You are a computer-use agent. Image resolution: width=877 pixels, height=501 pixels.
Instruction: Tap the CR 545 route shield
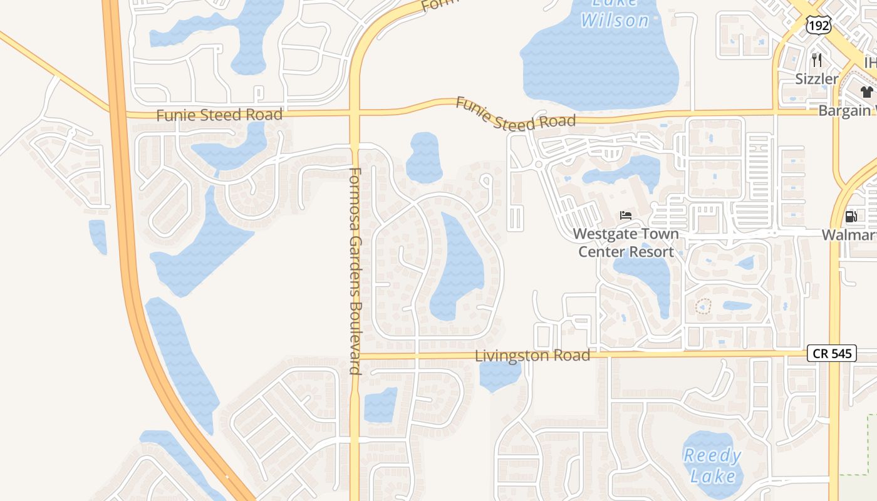[831, 353]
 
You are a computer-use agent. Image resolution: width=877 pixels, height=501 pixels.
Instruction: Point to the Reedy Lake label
[712, 465]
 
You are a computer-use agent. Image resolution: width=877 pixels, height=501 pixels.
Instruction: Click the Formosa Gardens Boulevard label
[355, 271]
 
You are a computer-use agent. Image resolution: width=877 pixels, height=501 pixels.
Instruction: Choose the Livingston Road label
[532, 355]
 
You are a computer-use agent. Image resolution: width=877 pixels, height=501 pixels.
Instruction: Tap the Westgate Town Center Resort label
[626, 243]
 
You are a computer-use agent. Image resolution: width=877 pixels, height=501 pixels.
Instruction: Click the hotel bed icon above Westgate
[626, 215]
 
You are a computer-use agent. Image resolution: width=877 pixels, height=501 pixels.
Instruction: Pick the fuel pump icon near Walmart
[851, 217]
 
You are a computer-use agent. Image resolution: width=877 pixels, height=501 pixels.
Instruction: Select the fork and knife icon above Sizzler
[816, 60]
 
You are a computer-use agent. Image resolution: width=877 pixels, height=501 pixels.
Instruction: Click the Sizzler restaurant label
[817, 79]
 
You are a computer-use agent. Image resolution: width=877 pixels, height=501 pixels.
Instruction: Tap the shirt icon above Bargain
[866, 92]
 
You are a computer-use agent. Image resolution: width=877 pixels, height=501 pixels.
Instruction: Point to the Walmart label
[849, 235]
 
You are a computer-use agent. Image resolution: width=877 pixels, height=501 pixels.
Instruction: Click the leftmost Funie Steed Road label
[219, 115]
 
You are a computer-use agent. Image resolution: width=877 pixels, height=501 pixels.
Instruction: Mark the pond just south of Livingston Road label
[499, 374]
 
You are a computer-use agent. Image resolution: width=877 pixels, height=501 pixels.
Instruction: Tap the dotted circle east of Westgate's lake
[703, 307]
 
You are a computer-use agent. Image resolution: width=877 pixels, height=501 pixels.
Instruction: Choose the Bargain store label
[846, 111]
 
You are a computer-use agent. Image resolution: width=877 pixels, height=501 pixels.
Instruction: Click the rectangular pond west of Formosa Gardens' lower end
[380, 405]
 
